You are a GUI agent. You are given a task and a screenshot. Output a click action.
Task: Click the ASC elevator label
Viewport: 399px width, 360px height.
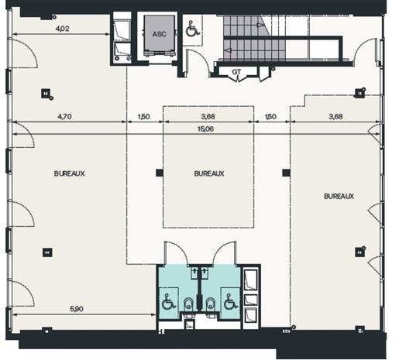pyautogui.click(x=159, y=34)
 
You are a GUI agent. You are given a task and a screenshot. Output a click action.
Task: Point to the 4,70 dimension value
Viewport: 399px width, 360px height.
pyautogui.click(x=67, y=118)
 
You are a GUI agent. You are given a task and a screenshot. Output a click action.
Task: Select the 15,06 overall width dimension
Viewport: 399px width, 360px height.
pyautogui.click(x=208, y=129)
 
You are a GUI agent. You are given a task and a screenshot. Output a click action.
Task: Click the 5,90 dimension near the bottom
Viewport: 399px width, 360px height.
pyautogui.click(x=78, y=309)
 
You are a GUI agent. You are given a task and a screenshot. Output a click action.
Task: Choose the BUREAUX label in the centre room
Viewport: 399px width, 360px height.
pyautogui.click(x=209, y=173)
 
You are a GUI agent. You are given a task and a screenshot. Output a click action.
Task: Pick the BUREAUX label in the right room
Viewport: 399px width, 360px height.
pyautogui.click(x=339, y=196)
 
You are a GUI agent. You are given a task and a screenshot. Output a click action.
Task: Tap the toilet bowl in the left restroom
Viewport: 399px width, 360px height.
pyautogui.click(x=188, y=302)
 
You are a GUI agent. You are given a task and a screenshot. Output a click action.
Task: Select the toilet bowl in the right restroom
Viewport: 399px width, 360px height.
pyautogui.click(x=209, y=302)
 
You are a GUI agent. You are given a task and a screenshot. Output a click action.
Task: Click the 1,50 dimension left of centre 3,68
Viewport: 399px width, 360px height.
pyautogui.click(x=143, y=118)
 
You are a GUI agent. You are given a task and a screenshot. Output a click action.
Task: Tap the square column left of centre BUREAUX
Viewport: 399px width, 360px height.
pyautogui.click(x=159, y=172)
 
